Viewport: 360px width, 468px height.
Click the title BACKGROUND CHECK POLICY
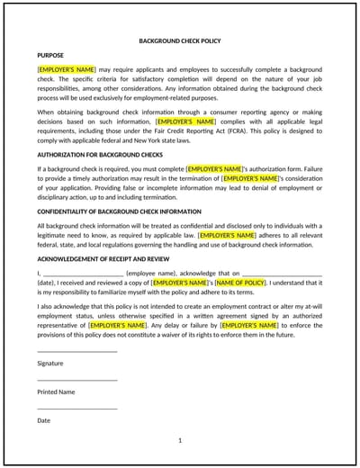pyautogui.click(x=180, y=41)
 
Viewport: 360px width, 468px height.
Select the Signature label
pyautogui.click(x=50, y=364)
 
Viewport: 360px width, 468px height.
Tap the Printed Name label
pyautogui.click(x=56, y=392)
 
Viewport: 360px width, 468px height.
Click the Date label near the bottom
pyautogui.click(x=44, y=420)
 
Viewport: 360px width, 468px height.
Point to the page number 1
pyautogui.click(x=180, y=440)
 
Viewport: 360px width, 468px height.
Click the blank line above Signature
pyautogui.click(x=76, y=351)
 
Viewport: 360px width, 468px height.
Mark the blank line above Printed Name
pyautogui.click(x=76, y=380)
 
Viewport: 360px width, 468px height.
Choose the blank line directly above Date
pyautogui.click(x=76, y=408)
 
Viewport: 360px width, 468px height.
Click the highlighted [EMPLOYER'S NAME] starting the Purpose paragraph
pyautogui.click(x=67, y=68)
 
